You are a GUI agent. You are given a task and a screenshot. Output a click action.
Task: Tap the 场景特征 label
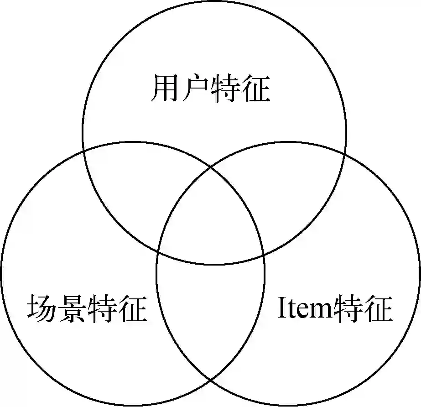(x=87, y=309)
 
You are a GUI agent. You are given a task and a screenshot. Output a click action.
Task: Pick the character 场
(x=42, y=309)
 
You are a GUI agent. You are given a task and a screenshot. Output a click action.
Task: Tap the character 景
(x=72, y=309)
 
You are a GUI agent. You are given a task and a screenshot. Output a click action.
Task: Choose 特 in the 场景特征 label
(x=102, y=309)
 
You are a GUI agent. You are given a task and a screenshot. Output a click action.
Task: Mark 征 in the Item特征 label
(x=378, y=309)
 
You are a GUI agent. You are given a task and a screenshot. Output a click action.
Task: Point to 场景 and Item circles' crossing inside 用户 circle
(x=211, y=167)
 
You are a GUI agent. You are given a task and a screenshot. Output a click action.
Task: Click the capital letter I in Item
(x=281, y=309)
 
